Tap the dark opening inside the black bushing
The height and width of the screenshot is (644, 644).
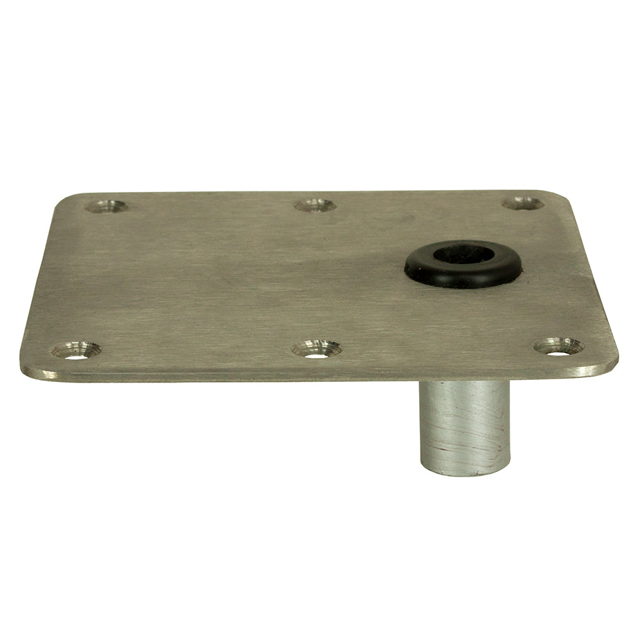pos(462,253)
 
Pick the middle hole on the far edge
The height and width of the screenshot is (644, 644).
pos(314,205)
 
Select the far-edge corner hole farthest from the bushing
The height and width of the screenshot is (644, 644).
pos(106,206)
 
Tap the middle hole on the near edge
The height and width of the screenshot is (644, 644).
pos(316,350)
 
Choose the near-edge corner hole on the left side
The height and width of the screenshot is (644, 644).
pos(76,350)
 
